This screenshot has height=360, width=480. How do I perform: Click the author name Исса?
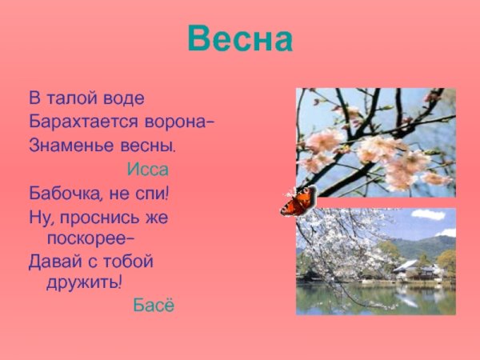[147, 170]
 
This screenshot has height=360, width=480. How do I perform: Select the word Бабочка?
[63, 193]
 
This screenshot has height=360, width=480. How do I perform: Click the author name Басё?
[153, 306]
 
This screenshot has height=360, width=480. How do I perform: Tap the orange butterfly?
[298, 202]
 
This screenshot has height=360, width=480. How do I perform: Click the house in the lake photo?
[418, 270]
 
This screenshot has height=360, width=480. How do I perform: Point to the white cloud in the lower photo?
[428, 214]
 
